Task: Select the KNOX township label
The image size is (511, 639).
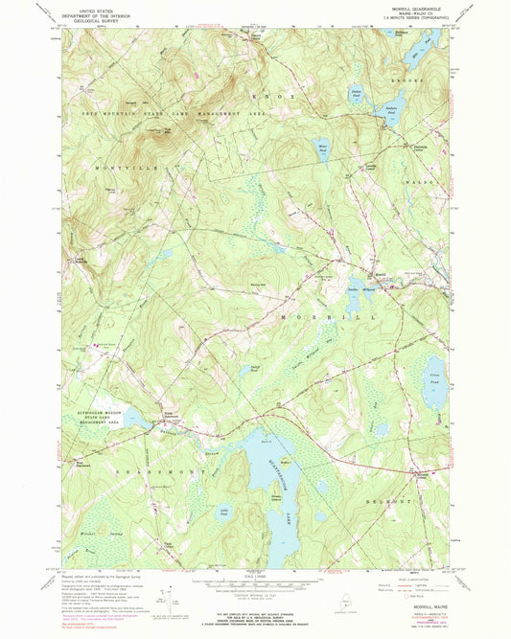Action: (x=289, y=97)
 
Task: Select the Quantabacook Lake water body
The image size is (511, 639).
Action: (x=268, y=479)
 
